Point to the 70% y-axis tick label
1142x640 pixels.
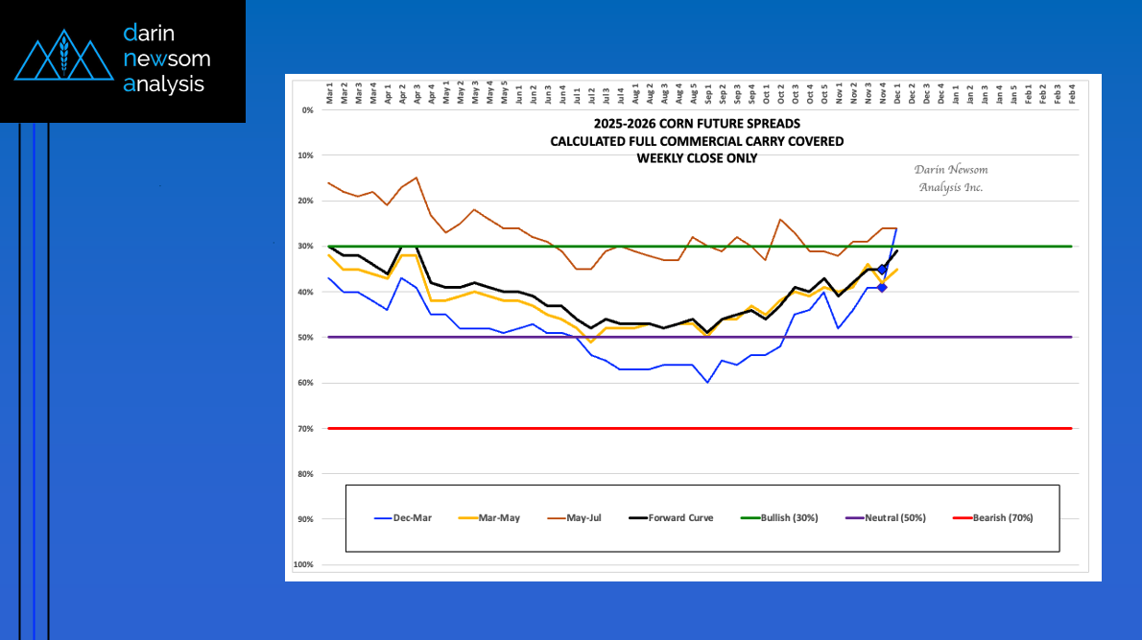[306, 429]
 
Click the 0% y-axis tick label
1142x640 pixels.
[308, 110]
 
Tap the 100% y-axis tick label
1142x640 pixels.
[304, 565]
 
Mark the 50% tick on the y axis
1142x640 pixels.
[306, 338]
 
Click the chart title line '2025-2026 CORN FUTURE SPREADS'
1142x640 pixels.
[697, 124]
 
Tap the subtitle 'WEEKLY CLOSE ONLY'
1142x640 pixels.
[697, 158]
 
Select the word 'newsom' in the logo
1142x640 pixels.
[167, 59]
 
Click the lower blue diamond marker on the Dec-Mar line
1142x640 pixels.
[882, 287]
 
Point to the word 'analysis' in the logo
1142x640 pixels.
[164, 84]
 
